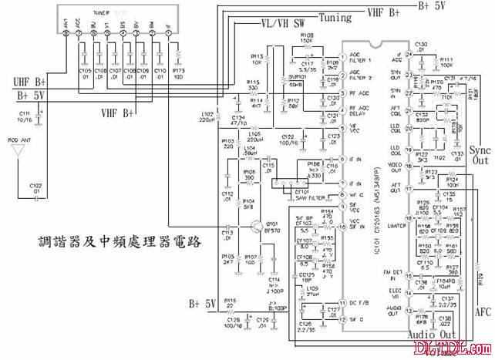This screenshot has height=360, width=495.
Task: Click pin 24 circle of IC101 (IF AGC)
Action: [x=409, y=57]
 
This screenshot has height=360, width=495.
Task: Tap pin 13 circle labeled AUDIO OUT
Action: [x=409, y=311]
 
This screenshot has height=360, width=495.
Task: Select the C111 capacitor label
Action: [x=24, y=115]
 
